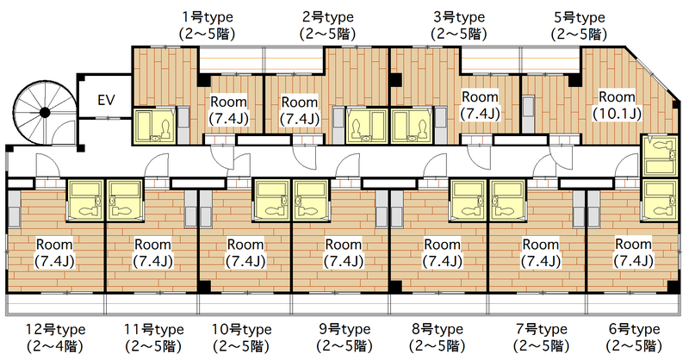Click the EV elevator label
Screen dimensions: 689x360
(106, 100)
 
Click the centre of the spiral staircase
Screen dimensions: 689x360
(45, 113)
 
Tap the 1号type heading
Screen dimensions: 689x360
(208, 17)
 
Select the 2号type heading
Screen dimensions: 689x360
(328, 17)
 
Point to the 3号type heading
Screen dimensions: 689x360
(459, 17)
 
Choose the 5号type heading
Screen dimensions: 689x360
(580, 17)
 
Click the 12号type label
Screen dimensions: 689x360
(55, 329)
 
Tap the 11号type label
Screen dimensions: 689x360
(154, 329)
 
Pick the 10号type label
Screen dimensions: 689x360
(242, 329)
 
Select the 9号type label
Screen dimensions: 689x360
(345, 329)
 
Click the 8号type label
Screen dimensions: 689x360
(438, 329)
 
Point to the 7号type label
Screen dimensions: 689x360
(542, 329)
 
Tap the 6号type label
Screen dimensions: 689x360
(634, 329)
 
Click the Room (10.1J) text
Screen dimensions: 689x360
(617, 105)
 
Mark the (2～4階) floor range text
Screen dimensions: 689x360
(55, 346)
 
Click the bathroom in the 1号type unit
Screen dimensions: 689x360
(154, 126)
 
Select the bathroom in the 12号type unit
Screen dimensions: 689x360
(84, 200)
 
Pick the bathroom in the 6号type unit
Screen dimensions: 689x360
(659, 199)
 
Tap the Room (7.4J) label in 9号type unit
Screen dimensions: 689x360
(344, 252)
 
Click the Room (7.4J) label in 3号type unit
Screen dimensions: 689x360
(480, 105)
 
